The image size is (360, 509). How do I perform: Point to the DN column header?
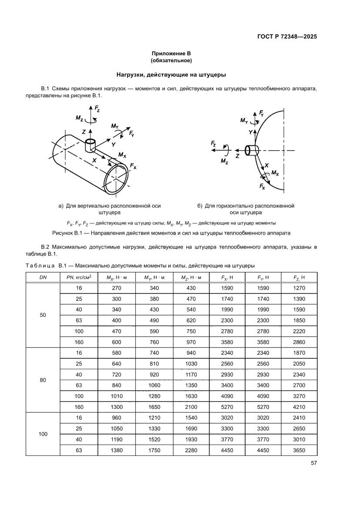point(43,277)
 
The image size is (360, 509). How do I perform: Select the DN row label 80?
point(43,380)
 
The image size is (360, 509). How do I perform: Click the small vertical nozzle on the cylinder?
point(90,145)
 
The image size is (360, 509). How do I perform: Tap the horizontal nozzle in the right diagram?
point(252,150)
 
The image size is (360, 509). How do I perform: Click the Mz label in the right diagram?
point(224,161)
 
